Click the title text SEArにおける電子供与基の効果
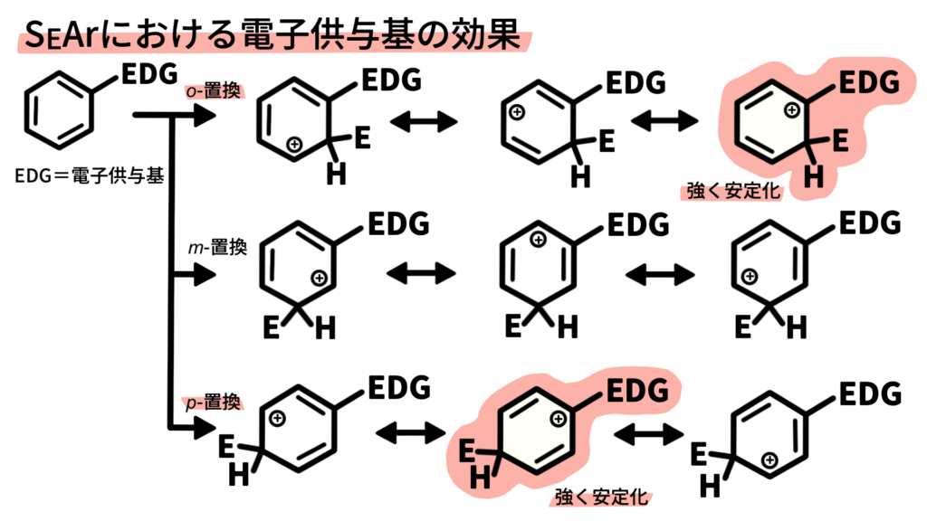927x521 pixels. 273,34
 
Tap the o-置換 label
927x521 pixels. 214,91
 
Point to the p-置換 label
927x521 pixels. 214,403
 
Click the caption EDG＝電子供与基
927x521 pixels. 90,175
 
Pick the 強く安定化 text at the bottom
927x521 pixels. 601,497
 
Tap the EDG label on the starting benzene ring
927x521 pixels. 149,74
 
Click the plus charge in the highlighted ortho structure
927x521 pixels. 791,109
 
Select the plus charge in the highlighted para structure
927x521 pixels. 558,419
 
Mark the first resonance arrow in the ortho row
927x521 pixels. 424,122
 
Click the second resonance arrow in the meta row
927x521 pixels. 660,274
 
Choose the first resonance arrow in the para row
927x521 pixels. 411,433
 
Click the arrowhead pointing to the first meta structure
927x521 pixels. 205,275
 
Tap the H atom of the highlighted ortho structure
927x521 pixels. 814,176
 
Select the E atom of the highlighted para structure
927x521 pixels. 467,451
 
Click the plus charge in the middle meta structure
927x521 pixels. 538,239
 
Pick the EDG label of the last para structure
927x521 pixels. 870,394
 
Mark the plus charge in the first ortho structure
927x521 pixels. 294,144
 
